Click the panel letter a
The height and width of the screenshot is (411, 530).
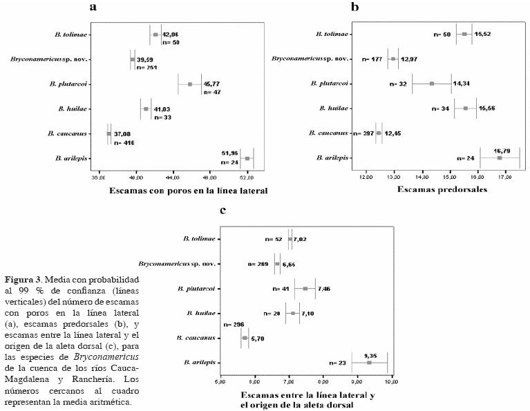pos(93,8)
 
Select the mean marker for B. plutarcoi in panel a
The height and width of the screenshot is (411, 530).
pos(190,84)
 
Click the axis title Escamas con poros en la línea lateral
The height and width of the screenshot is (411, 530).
pos(173,190)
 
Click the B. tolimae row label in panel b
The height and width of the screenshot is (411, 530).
pos(332,35)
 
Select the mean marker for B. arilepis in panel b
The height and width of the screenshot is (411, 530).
pos(500,158)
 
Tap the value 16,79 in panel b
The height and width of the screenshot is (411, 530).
pos(502,150)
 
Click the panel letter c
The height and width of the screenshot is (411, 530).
pos(223,210)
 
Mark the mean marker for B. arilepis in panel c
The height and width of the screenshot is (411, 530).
pos(369,362)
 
